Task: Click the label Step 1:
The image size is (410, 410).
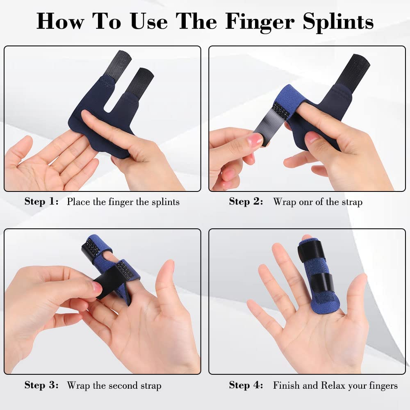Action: [x=41, y=201]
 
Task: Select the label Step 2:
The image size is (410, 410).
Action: [x=246, y=201]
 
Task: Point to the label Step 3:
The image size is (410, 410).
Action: [x=41, y=385]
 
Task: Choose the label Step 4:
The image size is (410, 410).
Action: [x=246, y=385]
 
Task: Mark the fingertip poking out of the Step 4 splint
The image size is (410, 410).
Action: [x=307, y=237]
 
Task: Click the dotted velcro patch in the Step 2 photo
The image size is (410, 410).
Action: [x=281, y=110]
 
